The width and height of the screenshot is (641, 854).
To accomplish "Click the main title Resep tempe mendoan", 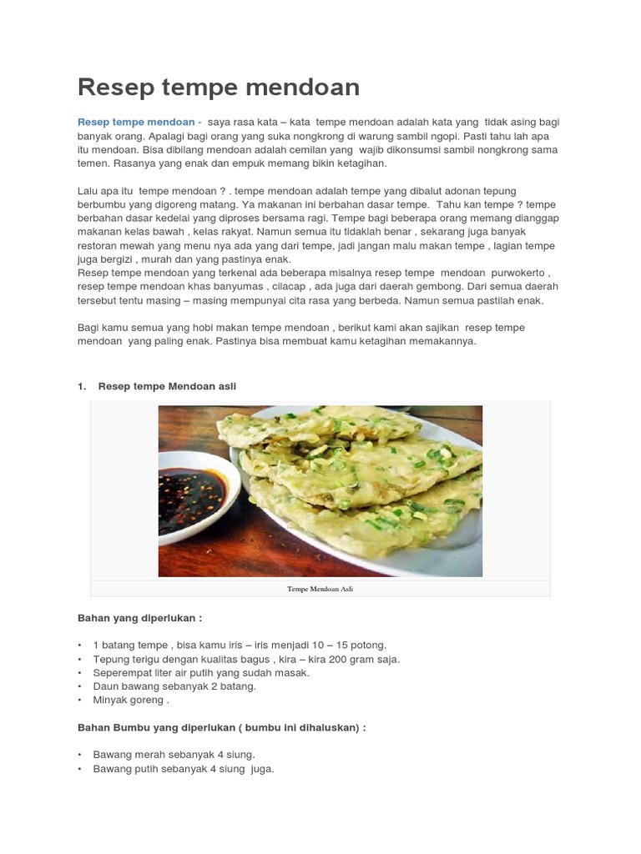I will point(219,87).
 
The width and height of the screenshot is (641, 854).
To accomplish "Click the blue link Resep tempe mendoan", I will point(135,122).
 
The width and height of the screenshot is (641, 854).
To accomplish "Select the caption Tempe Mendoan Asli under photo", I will point(320,589).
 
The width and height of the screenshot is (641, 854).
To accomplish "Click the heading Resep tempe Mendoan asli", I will point(167,386).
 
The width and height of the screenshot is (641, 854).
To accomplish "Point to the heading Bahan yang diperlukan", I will point(139,618).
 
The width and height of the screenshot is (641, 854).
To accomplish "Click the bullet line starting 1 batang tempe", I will point(240,646).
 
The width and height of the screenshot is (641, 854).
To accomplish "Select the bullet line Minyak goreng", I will point(131,700).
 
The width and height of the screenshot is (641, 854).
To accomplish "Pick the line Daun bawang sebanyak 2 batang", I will point(174,686).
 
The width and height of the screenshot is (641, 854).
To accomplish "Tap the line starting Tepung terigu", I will point(246,659).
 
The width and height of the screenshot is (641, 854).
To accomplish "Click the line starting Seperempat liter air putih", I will point(201,672).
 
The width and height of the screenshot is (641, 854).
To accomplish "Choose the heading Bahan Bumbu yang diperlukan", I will point(221,727).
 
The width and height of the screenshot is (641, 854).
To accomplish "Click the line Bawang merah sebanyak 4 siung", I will point(174,755).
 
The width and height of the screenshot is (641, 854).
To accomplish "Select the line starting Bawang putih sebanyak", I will point(184,768).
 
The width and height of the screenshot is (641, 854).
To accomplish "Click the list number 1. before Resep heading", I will point(82,386).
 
